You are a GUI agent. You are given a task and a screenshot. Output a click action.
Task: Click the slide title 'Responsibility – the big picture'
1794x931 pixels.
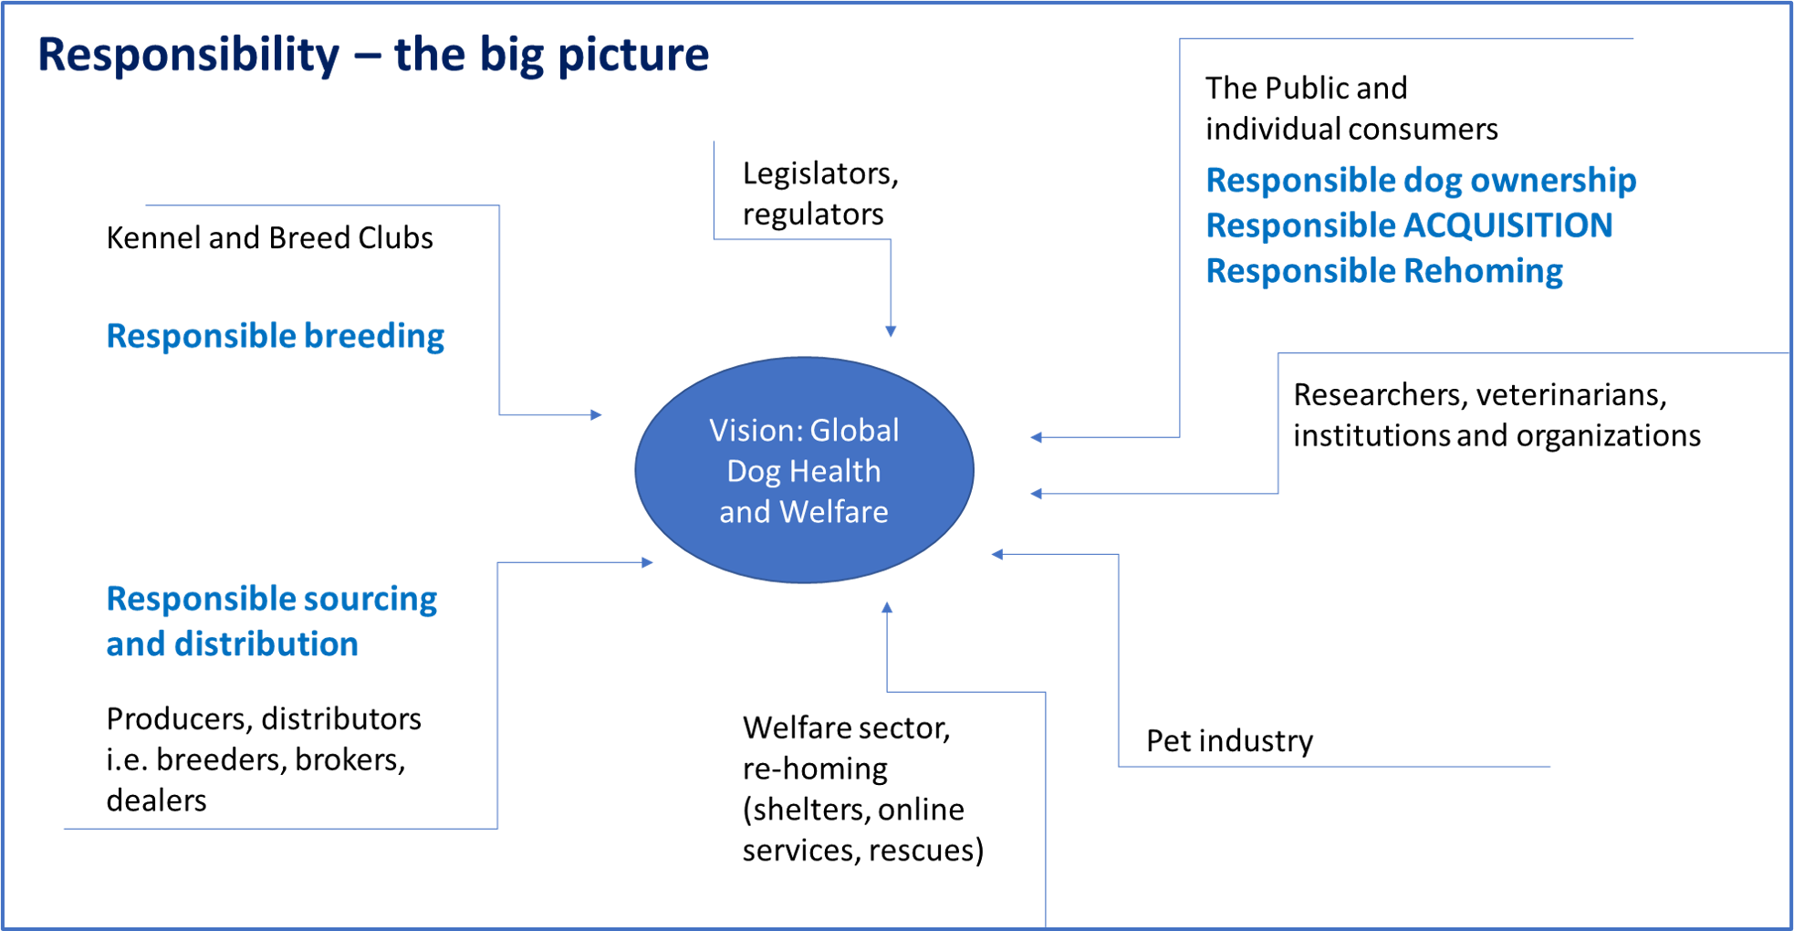point(373,55)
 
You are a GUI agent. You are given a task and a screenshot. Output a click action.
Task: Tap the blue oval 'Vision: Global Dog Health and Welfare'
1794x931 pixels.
point(804,470)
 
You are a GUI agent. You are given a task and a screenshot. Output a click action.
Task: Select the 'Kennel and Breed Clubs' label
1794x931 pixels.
point(270,238)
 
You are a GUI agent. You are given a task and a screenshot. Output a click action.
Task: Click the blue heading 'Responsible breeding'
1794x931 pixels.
point(276,336)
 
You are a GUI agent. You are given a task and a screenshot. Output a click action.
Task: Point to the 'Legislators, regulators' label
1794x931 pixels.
point(820,194)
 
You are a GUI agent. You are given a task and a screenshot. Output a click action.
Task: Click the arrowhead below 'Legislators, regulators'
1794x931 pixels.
point(891,331)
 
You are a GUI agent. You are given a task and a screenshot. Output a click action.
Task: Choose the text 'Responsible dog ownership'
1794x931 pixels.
point(1421,181)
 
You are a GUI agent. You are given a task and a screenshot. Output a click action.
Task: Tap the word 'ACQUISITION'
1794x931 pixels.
point(1507,225)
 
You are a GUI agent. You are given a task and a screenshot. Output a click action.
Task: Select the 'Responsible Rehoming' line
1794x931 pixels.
point(1384,271)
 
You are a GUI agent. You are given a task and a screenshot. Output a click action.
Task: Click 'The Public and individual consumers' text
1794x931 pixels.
point(1351,109)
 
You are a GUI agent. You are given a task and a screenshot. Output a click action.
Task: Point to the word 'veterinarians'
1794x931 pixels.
point(1571,394)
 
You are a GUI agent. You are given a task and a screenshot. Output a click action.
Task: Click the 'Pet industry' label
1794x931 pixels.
point(1229,741)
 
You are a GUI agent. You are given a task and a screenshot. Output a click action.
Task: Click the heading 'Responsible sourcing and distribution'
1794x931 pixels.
point(272,622)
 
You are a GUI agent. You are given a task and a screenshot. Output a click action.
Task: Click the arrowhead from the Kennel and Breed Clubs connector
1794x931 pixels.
point(596,415)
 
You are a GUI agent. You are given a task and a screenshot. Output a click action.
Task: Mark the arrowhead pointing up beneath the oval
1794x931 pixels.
point(887,607)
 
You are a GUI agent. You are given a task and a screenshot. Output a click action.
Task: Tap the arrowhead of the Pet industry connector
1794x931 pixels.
point(997,554)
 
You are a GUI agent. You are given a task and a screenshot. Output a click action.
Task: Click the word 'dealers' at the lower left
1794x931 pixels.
point(156,800)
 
